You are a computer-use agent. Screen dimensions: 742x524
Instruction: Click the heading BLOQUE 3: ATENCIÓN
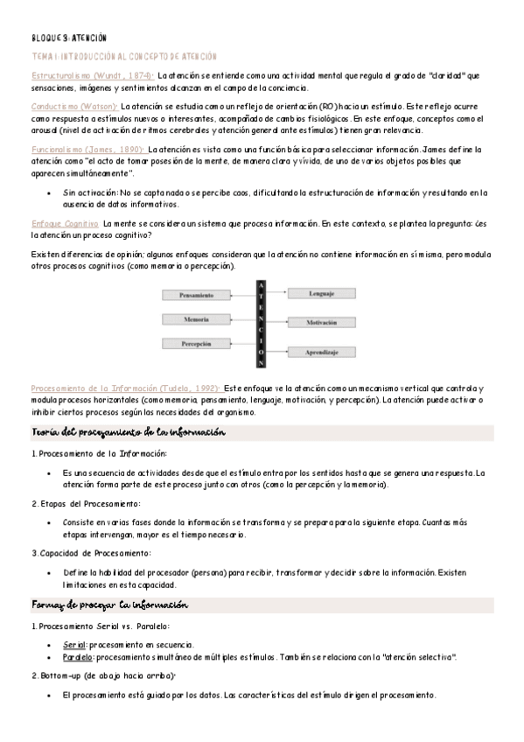click(x=68, y=38)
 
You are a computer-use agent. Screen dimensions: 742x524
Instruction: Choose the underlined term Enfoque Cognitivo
click(x=65, y=224)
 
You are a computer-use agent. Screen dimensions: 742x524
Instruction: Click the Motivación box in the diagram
click(x=321, y=323)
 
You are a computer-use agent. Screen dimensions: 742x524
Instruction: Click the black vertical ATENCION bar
click(x=261, y=323)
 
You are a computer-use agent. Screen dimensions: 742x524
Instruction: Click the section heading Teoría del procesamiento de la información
click(x=129, y=432)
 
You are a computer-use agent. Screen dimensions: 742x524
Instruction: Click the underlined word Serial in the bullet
click(x=74, y=644)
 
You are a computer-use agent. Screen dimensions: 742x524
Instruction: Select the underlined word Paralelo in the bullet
click(x=78, y=656)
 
